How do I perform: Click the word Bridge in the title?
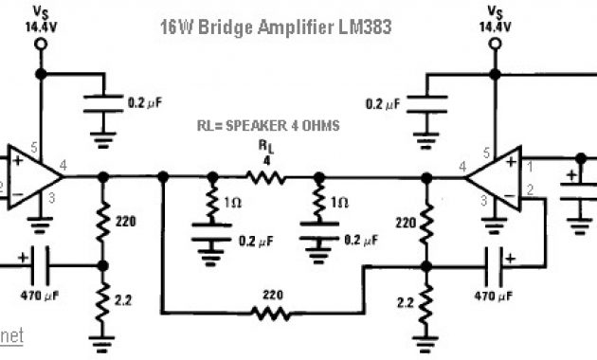coord(248,27)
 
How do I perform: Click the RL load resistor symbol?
coord(266,176)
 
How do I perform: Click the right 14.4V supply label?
coord(494,27)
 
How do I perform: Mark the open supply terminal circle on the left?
coord(41,72)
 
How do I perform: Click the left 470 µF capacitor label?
coord(40,295)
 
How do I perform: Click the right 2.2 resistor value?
coord(404,303)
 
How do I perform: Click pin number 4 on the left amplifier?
coord(63,168)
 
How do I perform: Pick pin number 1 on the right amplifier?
coord(532,168)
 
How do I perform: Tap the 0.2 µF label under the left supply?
coord(146,99)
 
